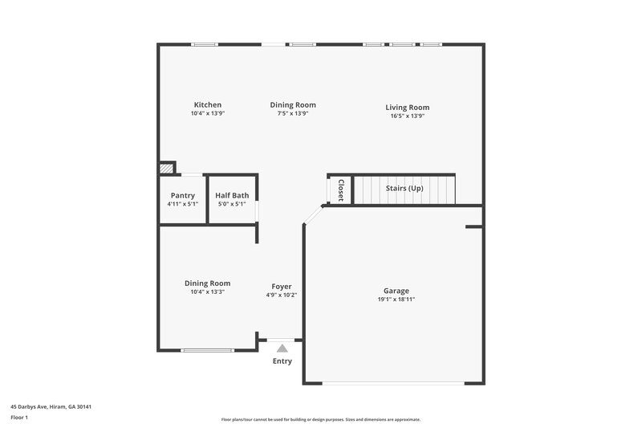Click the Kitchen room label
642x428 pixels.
[x=207, y=105]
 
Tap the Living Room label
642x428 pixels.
[x=407, y=108]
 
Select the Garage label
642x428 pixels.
[x=396, y=291]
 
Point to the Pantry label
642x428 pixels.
[x=183, y=195]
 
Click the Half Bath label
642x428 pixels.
[x=232, y=195]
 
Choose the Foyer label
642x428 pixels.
[x=281, y=287]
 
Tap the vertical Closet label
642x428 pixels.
[x=340, y=190]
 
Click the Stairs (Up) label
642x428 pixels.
[x=404, y=188]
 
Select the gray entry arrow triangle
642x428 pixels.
[x=282, y=348]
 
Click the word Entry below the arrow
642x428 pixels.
[x=282, y=361]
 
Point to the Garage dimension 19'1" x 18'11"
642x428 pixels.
[x=396, y=300]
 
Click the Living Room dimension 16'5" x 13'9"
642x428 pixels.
[x=407, y=116]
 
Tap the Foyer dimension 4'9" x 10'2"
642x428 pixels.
[x=281, y=296]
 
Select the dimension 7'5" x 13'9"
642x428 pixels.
[x=292, y=114]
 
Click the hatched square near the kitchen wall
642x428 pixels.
[x=166, y=169]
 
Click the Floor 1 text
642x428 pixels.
[x=19, y=418]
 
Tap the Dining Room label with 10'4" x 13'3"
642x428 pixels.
[x=207, y=283]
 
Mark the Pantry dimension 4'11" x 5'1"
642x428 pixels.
[x=183, y=204]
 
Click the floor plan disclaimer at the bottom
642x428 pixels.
[x=320, y=419]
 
